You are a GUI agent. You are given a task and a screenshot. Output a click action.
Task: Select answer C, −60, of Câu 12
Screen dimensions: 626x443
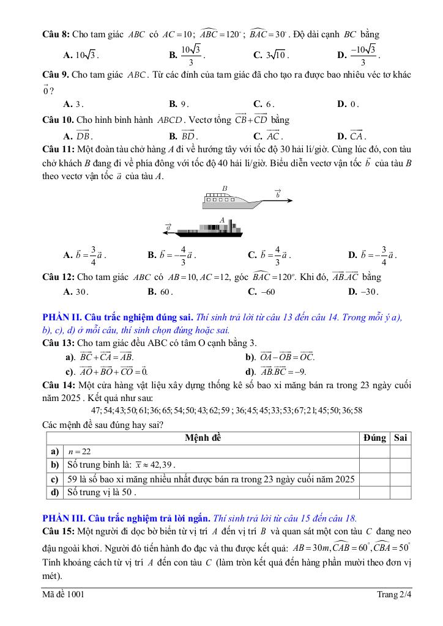tap(264, 292)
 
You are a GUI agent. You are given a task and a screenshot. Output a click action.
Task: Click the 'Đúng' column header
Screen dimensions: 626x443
tap(374, 438)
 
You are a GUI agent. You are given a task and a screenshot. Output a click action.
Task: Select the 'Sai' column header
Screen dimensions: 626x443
tap(401, 438)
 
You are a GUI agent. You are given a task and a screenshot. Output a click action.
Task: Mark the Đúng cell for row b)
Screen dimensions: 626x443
tap(374, 465)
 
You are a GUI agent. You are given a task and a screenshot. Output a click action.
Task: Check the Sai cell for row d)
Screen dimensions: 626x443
tap(401, 492)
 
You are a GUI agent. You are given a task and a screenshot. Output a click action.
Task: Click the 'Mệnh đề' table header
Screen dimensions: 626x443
tap(203, 438)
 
